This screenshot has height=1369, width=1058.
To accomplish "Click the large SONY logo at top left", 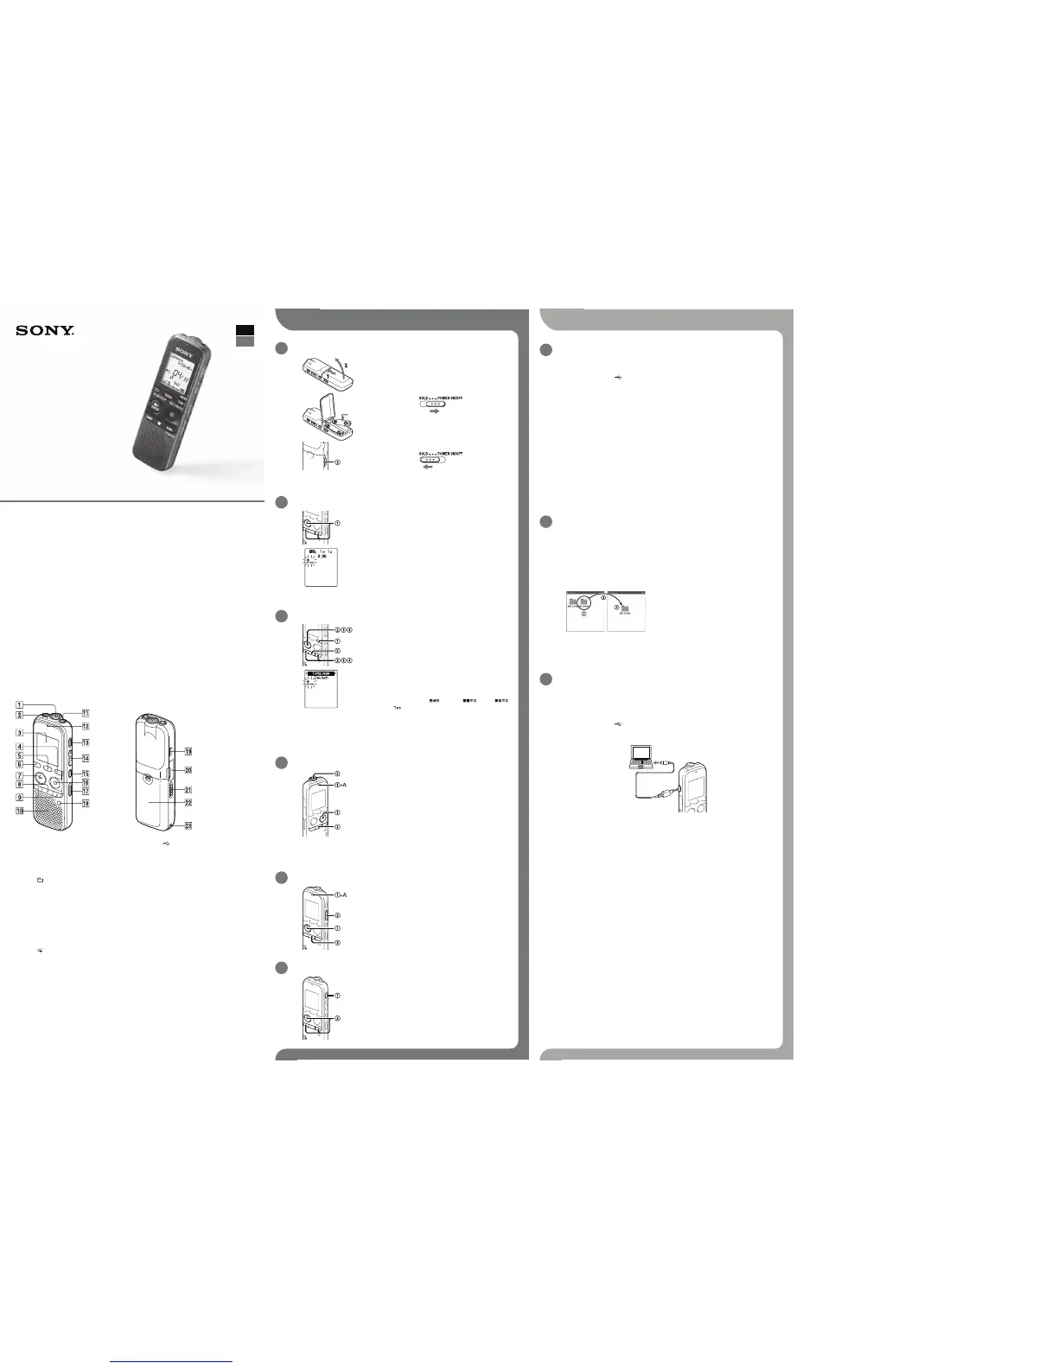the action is (x=44, y=330).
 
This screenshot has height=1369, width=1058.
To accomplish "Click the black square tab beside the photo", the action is (x=245, y=329).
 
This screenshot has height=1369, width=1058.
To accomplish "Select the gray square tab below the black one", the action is (x=245, y=341).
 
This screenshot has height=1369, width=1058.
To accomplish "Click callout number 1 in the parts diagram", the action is (x=19, y=705).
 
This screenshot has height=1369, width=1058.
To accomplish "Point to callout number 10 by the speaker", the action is (x=19, y=811).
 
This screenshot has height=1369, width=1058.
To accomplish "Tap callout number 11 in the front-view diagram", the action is (x=86, y=713).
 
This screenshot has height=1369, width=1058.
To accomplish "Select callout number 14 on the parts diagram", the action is (x=86, y=758).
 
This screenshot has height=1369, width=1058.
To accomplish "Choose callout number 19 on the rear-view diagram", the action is (x=188, y=751).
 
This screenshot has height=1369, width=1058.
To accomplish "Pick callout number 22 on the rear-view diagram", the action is (x=188, y=802).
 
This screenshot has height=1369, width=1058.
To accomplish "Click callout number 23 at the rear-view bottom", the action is (x=188, y=826).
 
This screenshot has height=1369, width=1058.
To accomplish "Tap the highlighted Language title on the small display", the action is (x=321, y=673).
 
